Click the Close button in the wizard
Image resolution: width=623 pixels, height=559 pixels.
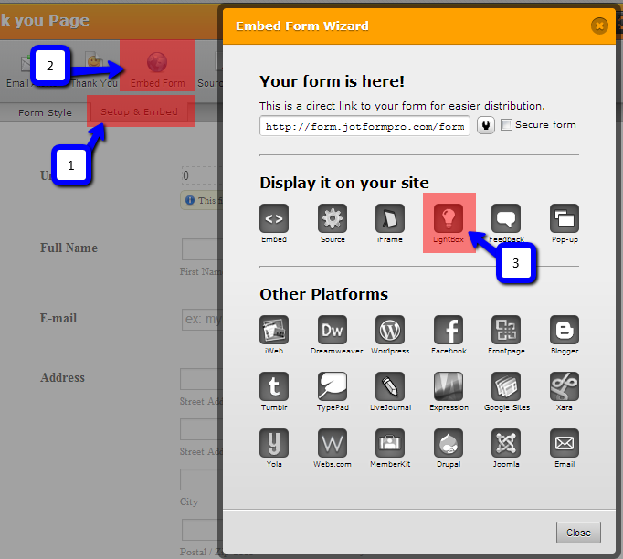point(578,532)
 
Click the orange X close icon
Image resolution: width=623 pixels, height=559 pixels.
point(599,26)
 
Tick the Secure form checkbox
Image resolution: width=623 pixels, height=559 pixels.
point(507,125)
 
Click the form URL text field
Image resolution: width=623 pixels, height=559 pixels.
point(364,126)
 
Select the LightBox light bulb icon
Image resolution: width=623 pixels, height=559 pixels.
point(449,218)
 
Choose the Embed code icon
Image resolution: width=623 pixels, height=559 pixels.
point(274,218)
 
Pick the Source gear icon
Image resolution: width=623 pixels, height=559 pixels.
point(333,218)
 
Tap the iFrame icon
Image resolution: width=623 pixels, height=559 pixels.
point(390,218)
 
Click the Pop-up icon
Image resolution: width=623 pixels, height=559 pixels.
point(564,218)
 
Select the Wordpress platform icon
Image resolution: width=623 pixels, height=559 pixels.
point(390,330)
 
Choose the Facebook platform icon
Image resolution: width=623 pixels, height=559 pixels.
point(449,330)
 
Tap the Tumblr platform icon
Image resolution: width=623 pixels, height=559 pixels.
point(274,386)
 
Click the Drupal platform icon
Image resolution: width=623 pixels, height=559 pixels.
point(449,443)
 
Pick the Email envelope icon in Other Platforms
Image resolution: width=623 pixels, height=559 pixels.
point(564,443)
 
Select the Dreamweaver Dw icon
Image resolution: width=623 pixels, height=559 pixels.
point(333,330)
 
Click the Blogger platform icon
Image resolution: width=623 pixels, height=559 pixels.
point(564,330)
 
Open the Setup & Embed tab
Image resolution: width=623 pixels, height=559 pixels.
point(140,113)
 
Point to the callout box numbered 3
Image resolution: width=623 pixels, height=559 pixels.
point(515,263)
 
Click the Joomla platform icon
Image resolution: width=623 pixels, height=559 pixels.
point(506,443)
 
